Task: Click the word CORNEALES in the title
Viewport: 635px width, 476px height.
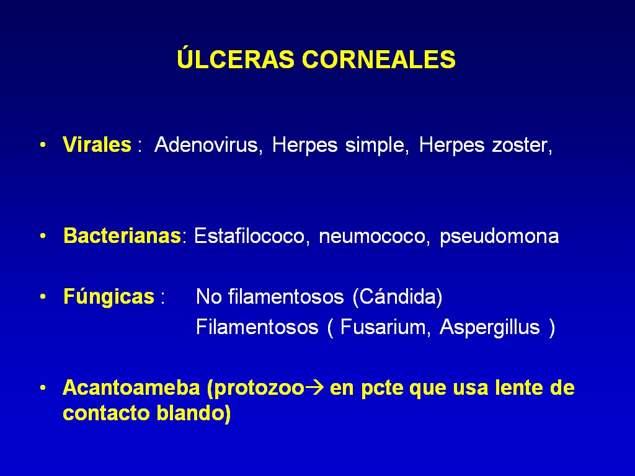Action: [379, 59]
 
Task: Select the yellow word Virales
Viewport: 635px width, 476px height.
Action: [97, 144]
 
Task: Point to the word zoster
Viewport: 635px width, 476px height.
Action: [522, 145]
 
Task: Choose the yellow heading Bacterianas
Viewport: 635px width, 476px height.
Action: [122, 236]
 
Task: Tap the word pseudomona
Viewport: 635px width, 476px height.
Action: [499, 236]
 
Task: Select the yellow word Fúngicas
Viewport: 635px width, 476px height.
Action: [109, 296]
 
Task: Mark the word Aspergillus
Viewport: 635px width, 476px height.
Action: [490, 327]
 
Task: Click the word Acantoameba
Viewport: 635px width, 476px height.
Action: [131, 387]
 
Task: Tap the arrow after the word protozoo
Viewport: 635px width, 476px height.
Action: [314, 388]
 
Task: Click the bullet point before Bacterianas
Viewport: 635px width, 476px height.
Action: [43, 236]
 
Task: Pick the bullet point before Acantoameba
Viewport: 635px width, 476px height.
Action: [43, 388]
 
